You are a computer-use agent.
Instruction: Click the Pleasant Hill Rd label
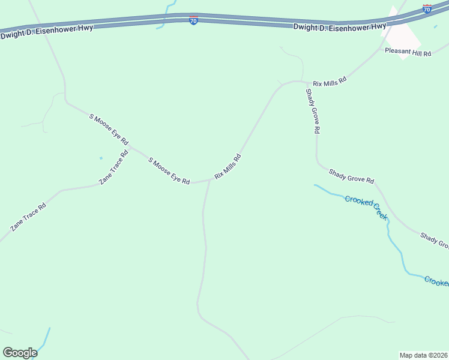408,53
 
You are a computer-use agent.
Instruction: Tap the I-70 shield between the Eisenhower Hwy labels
193,20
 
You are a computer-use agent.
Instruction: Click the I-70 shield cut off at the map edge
427,9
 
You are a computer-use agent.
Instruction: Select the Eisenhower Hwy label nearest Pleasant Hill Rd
340,27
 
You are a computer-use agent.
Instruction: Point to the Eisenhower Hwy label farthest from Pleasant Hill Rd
47,31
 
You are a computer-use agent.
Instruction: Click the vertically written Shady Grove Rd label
313,111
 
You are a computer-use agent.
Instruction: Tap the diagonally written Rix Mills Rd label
228,167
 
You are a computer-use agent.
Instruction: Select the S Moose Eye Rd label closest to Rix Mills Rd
169,172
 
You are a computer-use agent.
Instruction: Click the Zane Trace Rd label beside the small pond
114,167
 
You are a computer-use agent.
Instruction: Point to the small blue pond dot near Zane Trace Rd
101,158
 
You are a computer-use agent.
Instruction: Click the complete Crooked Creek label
366,207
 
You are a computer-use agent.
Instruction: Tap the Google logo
20,353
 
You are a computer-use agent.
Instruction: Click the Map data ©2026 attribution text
423,355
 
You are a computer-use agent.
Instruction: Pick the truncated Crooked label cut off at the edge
436,281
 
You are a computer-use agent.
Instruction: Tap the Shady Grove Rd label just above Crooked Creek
351,176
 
